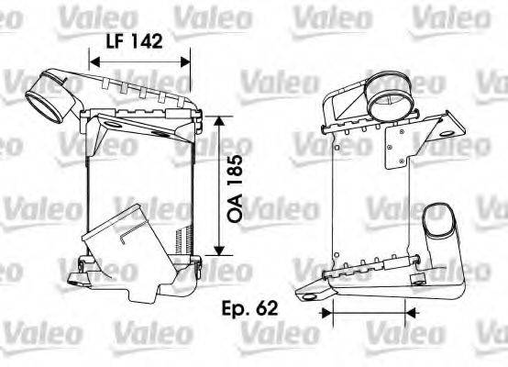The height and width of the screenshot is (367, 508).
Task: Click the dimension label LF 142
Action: pos(133,40)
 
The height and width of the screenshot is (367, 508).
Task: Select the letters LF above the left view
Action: pos(114,40)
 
